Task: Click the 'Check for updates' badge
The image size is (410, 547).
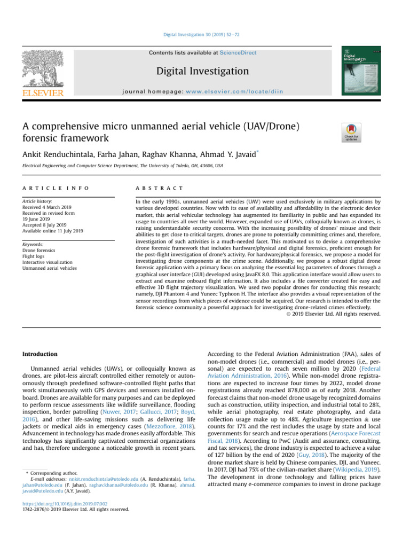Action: pyautogui.click(x=351, y=132)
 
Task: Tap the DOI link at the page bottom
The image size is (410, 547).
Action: pyautogui.click(x=65, y=503)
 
